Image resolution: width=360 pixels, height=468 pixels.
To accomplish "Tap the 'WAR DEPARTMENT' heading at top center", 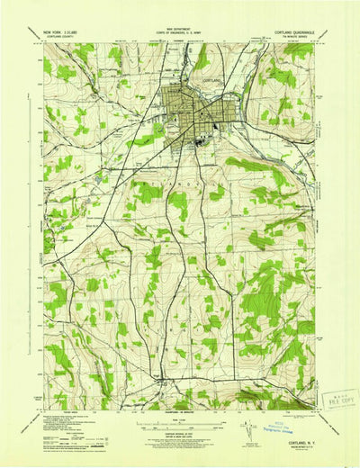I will (180, 29).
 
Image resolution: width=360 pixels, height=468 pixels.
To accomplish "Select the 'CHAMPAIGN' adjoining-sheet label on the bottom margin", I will (180, 389).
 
